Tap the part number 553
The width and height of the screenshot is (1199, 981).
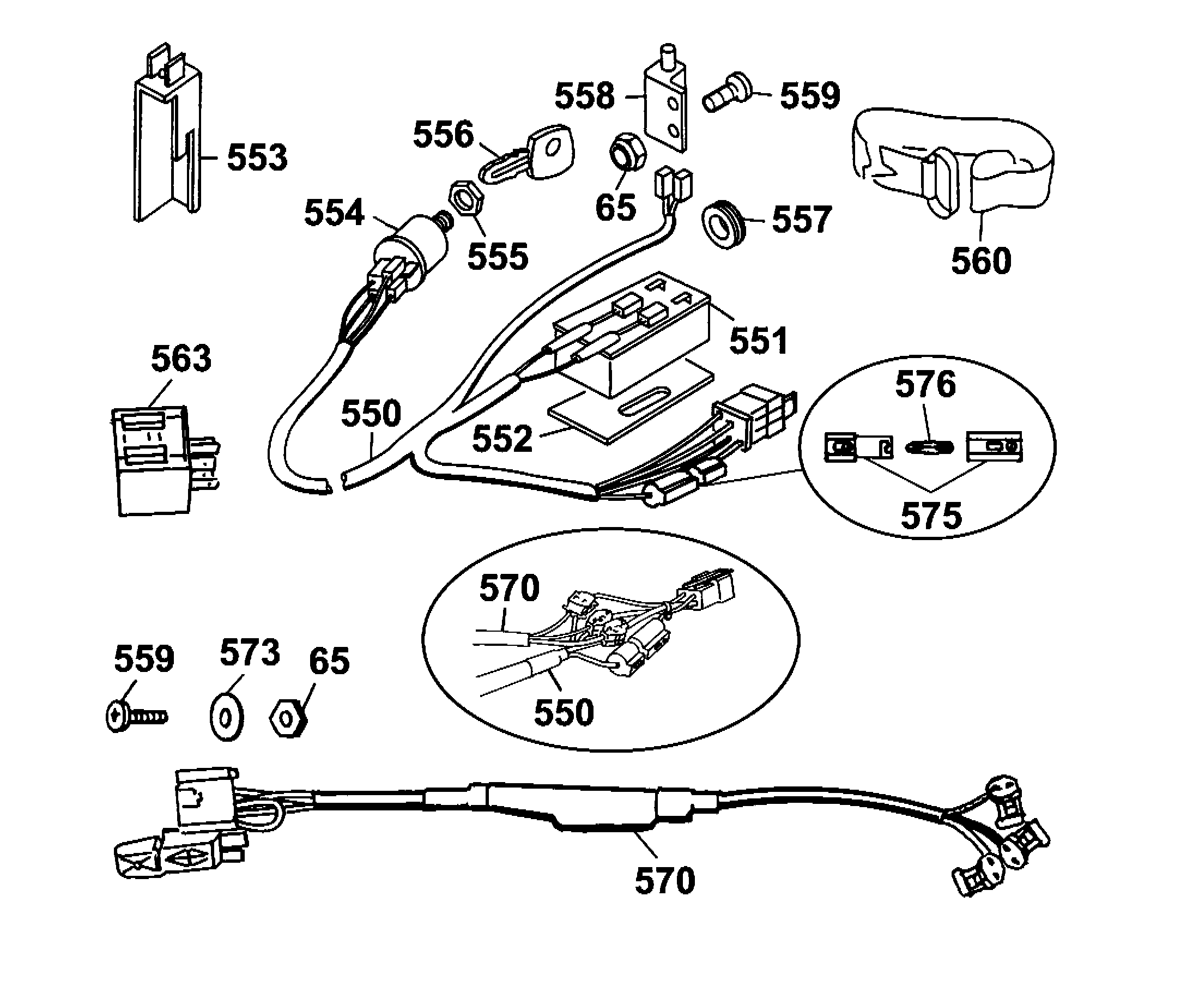(x=257, y=158)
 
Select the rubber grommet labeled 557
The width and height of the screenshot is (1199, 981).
(x=723, y=224)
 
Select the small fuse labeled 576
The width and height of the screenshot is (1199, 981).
(x=929, y=447)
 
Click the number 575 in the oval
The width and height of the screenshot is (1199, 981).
(x=931, y=516)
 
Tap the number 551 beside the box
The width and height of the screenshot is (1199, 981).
(x=758, y=341)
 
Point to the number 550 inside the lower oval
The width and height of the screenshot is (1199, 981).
(x=564, y=712)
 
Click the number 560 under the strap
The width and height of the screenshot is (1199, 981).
(x=981, y=261)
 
